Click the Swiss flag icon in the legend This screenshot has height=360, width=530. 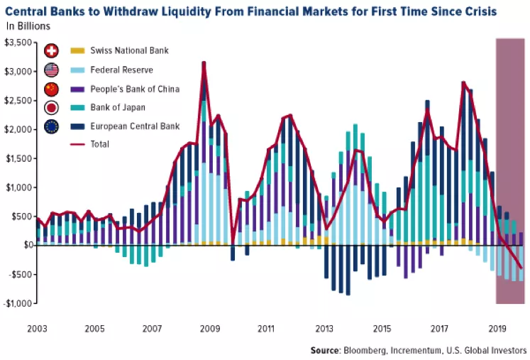52,51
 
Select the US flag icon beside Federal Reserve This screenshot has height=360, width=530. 52,70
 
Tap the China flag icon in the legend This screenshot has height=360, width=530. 52,89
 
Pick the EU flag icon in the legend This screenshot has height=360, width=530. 52,127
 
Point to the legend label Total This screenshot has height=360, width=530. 101,144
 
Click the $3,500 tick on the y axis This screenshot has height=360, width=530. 18,43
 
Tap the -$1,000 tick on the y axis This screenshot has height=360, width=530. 18,303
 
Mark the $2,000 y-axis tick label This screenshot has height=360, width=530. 18,129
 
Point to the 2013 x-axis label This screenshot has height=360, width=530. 324,329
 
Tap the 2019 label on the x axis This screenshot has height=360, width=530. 495,329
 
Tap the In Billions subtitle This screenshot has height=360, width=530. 29,26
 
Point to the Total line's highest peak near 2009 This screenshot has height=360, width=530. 204,62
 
